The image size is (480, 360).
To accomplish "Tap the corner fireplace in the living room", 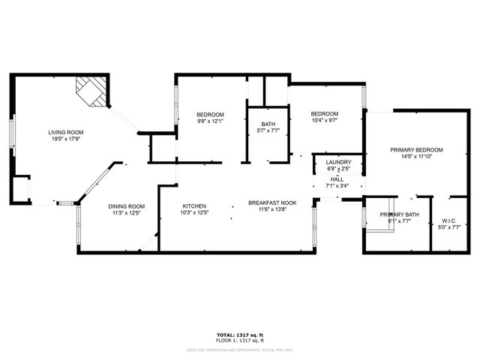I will tap(89, 91).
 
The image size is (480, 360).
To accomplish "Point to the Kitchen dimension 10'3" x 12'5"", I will tap(194, 214).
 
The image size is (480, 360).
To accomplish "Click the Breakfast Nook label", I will tap(272, 203).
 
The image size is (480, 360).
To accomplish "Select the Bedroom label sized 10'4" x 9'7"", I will tap(325, 114).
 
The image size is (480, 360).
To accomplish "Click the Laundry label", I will tap(337, 163).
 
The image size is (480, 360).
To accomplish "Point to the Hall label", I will tap(337, 179).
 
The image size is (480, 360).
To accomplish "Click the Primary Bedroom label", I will tap(416, 150).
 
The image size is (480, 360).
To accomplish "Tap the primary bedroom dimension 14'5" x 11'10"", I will tap(416, 157).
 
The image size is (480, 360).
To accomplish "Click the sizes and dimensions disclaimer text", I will tap(240, 349).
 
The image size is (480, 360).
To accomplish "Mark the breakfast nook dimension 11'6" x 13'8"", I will tap(272, 211).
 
